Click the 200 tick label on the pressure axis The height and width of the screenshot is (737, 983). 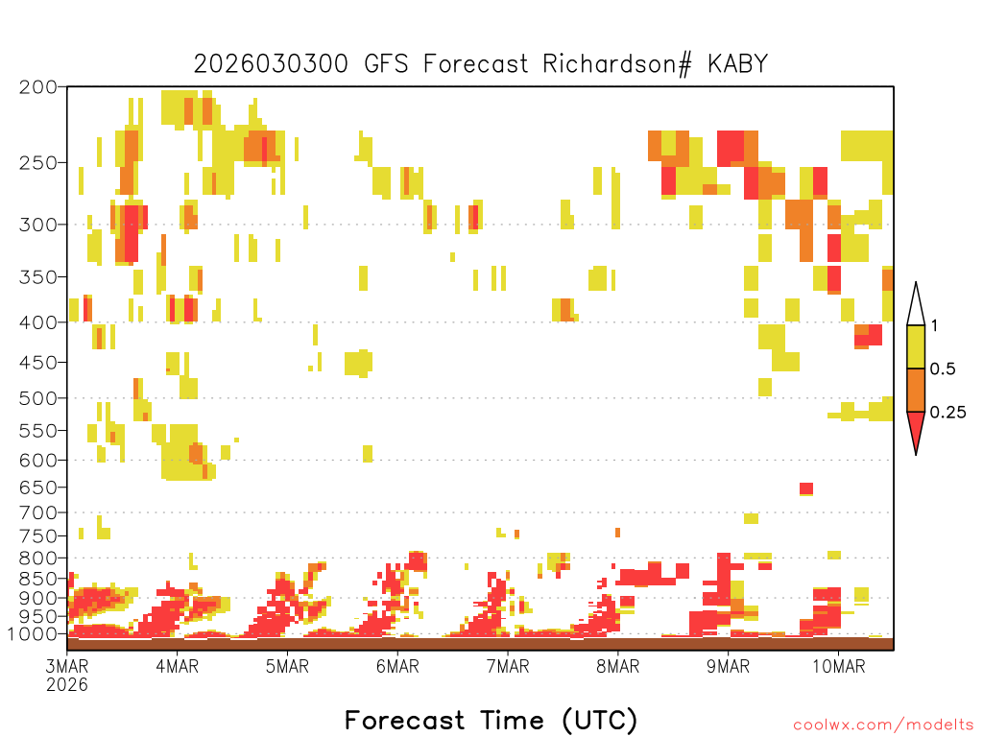pos(38,87)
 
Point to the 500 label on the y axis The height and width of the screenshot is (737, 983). pos(38,398)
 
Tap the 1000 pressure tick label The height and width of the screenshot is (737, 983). pos(33,634)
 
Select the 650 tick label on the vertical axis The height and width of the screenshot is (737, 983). pos(38,487)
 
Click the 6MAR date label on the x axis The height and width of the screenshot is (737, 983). pos(397,666)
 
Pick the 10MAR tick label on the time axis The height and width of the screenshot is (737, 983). pos(839,666)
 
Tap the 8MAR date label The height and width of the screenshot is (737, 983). pos(617,666)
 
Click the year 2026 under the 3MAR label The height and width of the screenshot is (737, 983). pos(67,685)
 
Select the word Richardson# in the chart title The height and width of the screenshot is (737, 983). pos(617,64)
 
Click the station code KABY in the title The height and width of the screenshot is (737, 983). pos(738,64)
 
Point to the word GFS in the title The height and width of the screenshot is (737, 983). pos(386,64)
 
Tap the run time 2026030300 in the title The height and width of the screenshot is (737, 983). pos(271,64)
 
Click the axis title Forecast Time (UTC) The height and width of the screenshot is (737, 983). pos(491,720)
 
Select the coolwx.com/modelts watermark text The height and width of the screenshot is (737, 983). pos(884,725)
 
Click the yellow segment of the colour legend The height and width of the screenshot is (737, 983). pos(916,346)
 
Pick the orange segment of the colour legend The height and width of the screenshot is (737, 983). pos(916,390)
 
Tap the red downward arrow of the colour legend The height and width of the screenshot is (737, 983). pos(916,433)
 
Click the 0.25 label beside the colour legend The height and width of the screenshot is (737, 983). pos(947,413)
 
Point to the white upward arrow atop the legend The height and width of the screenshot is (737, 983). pos(916,304)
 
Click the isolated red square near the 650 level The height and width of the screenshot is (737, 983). pos(806,488)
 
